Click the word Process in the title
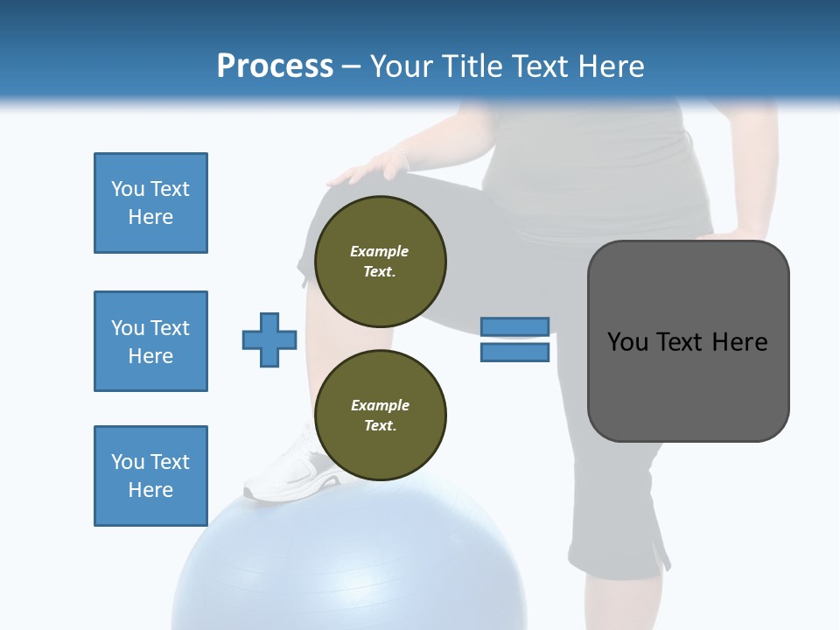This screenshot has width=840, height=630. coord(275,66)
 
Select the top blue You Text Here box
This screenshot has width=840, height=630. coord(150,203)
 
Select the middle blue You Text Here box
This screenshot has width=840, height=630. coord(150,341)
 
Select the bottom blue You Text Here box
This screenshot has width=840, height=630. coord(150,476)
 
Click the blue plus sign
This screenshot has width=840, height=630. coord(269,339)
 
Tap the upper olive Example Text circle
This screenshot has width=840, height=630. coord(380,262)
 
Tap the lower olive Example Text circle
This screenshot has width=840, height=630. coord(380,416)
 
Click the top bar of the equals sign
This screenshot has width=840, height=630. coord(515,326)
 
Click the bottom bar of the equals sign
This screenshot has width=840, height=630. coord(515,353)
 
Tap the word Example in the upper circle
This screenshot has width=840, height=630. coord(380,251)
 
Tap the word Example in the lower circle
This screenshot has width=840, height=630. coord(380,405)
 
